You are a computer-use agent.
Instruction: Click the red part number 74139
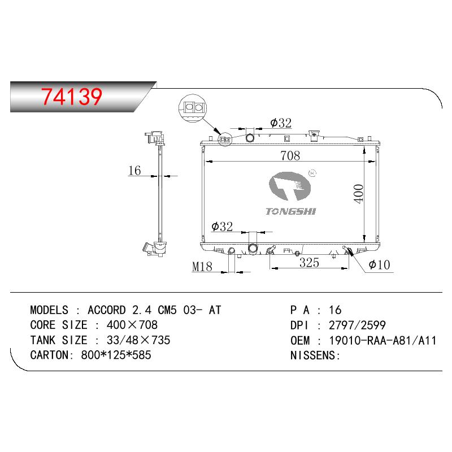point(72,96)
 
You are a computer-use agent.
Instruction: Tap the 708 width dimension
point(290,156)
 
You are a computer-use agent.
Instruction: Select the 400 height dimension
point(359,194)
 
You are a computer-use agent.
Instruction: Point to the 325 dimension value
point(309,263)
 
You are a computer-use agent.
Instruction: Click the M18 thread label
point(202,267)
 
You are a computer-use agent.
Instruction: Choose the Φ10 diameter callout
point(379,264)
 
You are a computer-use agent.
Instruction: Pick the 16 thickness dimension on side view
point(134,171)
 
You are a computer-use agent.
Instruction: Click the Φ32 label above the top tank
point(281,123)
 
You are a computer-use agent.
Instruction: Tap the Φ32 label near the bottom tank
point(222,227)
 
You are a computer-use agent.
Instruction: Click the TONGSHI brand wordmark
point(290,211)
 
